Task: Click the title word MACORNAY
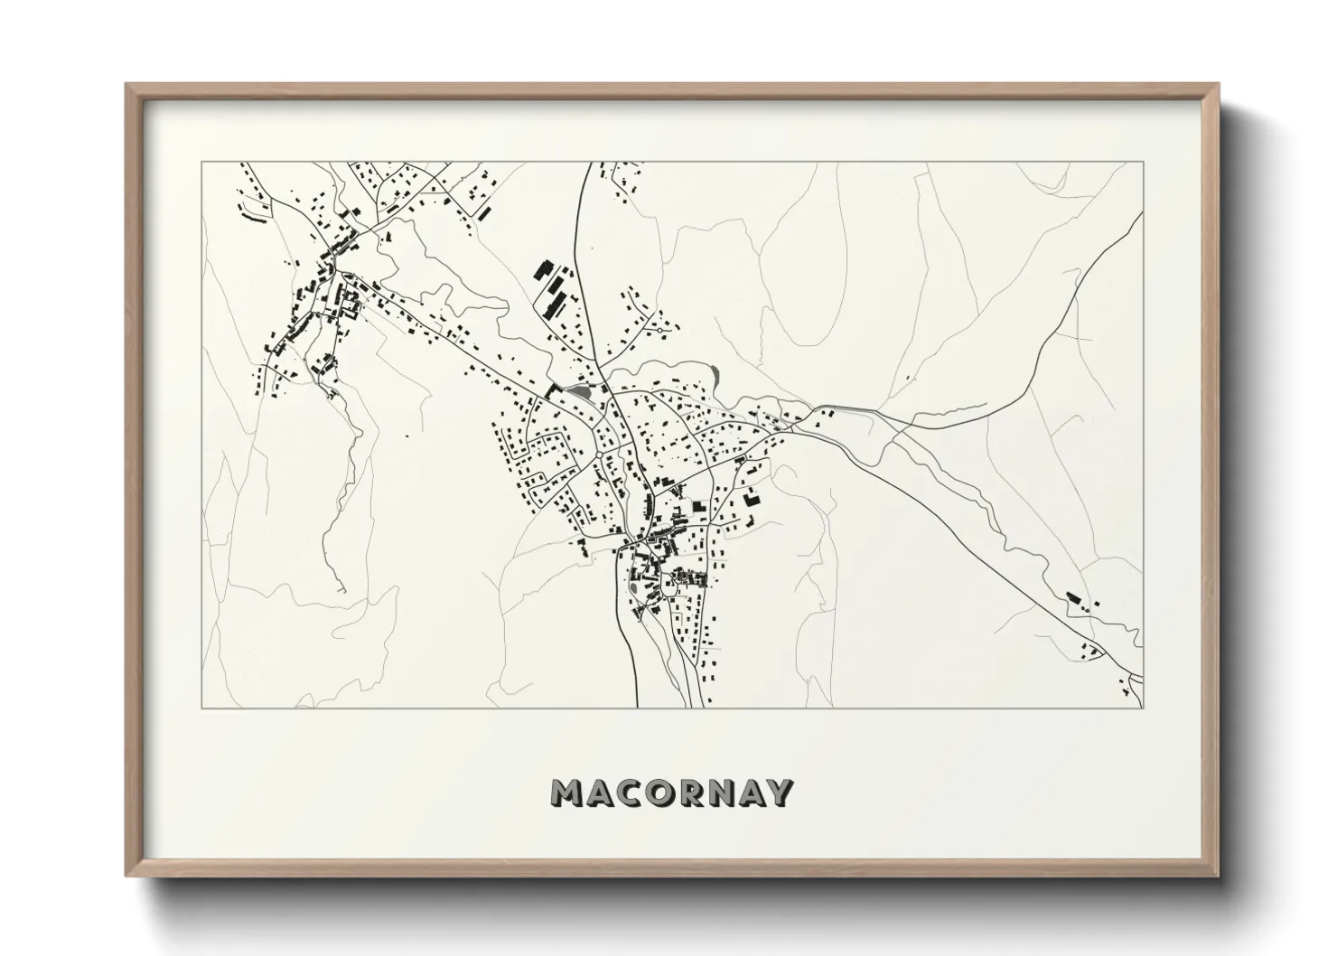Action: coord(672,792)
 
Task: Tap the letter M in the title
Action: coord(566,792)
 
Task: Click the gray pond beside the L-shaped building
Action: coord(577,390)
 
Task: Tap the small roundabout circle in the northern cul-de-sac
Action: coord(663,330)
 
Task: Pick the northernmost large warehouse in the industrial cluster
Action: coord(544,270)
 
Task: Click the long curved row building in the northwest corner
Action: coord(254,218)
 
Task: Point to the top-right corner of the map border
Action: coord(1143,162)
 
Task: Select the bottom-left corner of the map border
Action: coord(201,707)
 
